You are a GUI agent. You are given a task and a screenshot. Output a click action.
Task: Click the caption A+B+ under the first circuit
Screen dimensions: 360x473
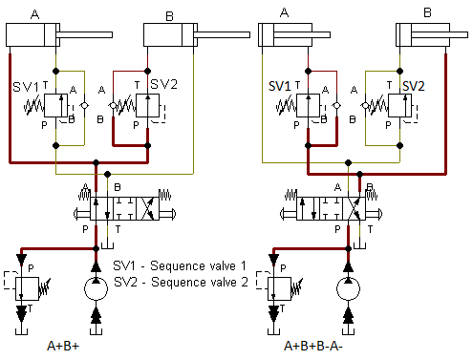(64, 348)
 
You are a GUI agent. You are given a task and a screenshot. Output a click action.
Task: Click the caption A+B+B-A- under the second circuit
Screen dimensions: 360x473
(313, 348)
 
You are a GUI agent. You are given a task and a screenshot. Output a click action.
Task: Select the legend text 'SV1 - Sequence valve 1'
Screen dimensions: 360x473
(180, 265)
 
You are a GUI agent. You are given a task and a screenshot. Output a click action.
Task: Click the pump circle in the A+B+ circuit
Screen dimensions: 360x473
(95, 291)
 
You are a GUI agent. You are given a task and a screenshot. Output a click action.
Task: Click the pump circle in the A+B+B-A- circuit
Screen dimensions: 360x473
(348, 291)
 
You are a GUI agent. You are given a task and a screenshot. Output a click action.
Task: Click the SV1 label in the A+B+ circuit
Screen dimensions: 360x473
(26, 86)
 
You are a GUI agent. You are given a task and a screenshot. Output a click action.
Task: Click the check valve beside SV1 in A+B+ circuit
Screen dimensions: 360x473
(84, 103)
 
